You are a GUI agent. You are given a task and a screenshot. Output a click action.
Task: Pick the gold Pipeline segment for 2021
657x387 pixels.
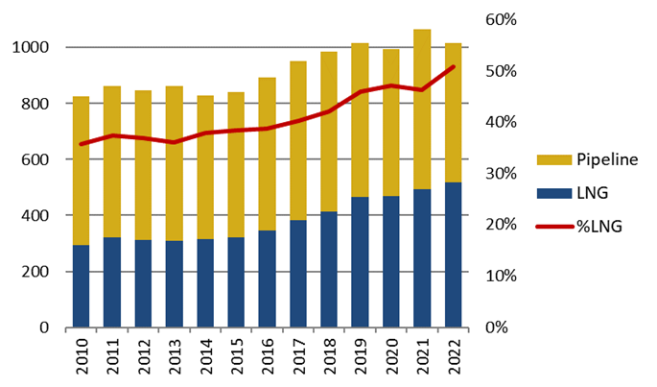click(423, 109)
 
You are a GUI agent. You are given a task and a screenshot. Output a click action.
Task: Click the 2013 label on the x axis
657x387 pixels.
click(175, 357)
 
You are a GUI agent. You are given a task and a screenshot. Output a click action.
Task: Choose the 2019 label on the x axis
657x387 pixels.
click(361, 357)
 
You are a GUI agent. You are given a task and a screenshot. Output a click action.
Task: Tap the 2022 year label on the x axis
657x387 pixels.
click(454, 357)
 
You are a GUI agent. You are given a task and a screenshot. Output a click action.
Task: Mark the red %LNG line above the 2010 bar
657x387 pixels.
click(82, 144)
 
